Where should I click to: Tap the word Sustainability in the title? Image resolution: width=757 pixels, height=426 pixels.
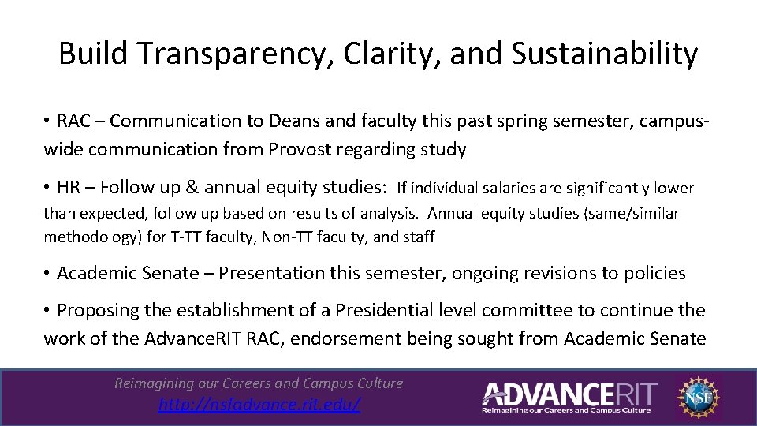tap(604, 54)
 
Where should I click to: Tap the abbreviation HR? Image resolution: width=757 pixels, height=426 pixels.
tap(70, 188)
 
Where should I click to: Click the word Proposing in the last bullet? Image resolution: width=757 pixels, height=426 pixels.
tap(94, 311)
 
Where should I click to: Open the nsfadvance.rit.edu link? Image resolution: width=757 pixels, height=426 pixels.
tap(259, 405)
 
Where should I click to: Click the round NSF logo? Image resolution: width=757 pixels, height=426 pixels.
tap(697, 396)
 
